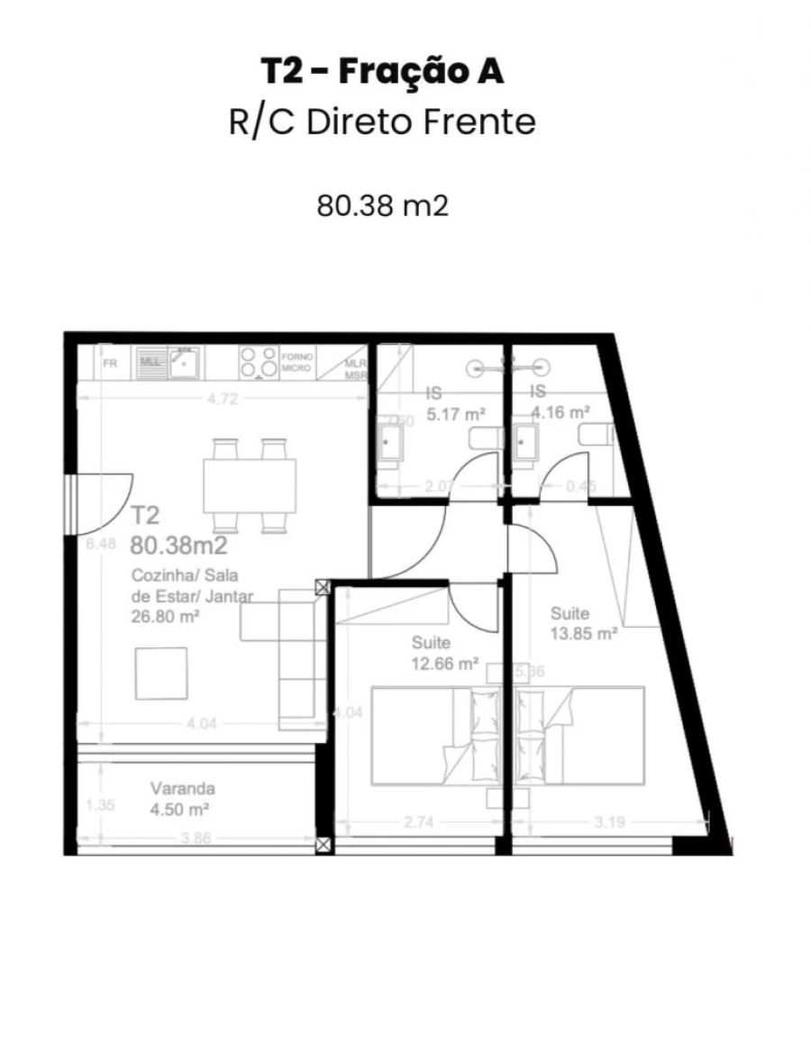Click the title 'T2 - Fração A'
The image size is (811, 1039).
382,72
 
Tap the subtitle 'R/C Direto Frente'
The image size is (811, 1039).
382,122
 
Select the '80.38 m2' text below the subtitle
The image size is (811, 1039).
382,206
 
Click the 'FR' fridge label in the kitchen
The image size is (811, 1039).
110,365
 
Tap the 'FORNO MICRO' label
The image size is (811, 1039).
296,363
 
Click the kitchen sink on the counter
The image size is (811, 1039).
185,363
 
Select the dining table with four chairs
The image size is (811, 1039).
250,484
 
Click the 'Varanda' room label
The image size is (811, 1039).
182,789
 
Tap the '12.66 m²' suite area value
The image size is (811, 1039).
444,664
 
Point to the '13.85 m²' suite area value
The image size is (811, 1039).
583,633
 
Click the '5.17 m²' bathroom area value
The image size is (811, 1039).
456,415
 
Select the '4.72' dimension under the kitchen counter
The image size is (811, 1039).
222,400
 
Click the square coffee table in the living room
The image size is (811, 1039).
161,673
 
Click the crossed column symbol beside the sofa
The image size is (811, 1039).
323,589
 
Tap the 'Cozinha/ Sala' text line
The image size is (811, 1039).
184,576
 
